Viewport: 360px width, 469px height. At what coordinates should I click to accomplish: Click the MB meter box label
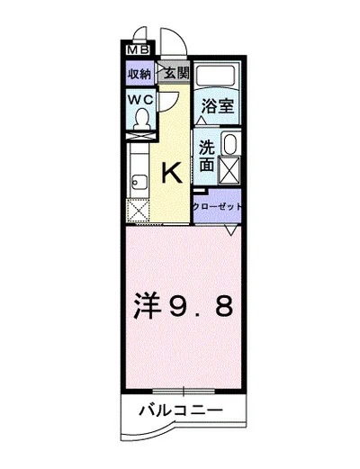(x=138, y=50)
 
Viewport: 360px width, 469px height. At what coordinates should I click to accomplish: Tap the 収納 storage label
(x=139, y=73)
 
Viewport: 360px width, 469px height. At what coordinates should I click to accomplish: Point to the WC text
(x=140, y=100)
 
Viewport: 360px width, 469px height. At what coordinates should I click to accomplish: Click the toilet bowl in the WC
(x=141, y=119)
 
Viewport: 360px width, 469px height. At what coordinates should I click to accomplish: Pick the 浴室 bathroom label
(x=217, y=105)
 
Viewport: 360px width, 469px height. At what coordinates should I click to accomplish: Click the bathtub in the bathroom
(x=217, y=76)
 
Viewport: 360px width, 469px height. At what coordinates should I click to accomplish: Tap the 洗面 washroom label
(x=207, y=156)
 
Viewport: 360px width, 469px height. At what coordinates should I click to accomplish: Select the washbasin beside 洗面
(x=229, y=144)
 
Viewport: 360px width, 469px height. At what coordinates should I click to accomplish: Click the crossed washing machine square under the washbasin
(x=229, y=170)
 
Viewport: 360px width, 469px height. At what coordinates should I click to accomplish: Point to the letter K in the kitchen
(x=172, y=172)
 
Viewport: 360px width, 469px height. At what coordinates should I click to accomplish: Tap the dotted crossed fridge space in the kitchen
(x=138, y=211)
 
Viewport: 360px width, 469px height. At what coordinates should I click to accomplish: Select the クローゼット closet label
(x=217, y=207)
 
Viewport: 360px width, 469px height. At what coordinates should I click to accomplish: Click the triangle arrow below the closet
(x=230, y=230)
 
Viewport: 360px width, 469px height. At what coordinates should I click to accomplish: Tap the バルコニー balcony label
(x=181, y=410)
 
